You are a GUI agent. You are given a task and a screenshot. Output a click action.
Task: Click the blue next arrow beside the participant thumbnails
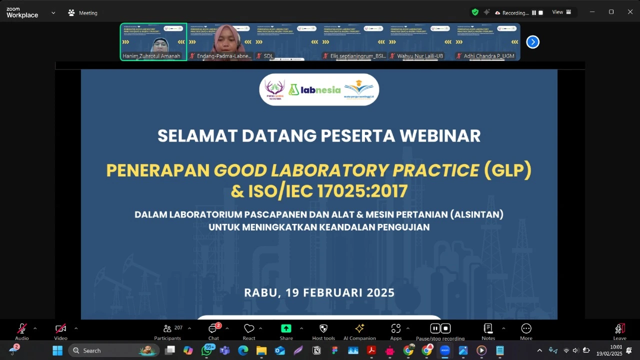click(533, 42)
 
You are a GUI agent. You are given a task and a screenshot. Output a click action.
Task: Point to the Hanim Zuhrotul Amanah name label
click(151, 56)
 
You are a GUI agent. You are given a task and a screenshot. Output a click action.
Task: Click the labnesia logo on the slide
click(314, 90)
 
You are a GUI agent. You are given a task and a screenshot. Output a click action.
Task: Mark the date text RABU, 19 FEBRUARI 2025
click(319, 292)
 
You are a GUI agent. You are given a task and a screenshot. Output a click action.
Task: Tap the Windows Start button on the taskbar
click(57, 350)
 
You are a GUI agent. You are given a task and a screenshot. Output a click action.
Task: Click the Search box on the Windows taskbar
click(113, 350)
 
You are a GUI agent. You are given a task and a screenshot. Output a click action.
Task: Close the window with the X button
click(630, 12)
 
